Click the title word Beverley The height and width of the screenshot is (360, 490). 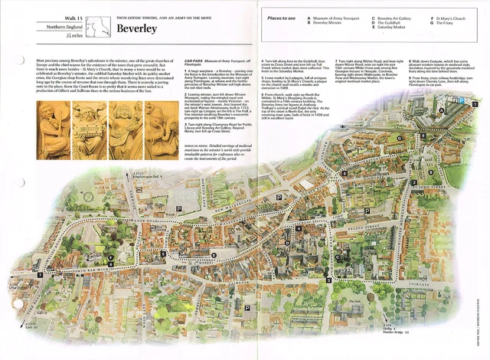click(x=137, y=29)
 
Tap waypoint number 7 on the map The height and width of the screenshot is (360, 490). click(x=40, y=274)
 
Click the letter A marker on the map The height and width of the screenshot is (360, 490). click(x=442, y=130)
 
